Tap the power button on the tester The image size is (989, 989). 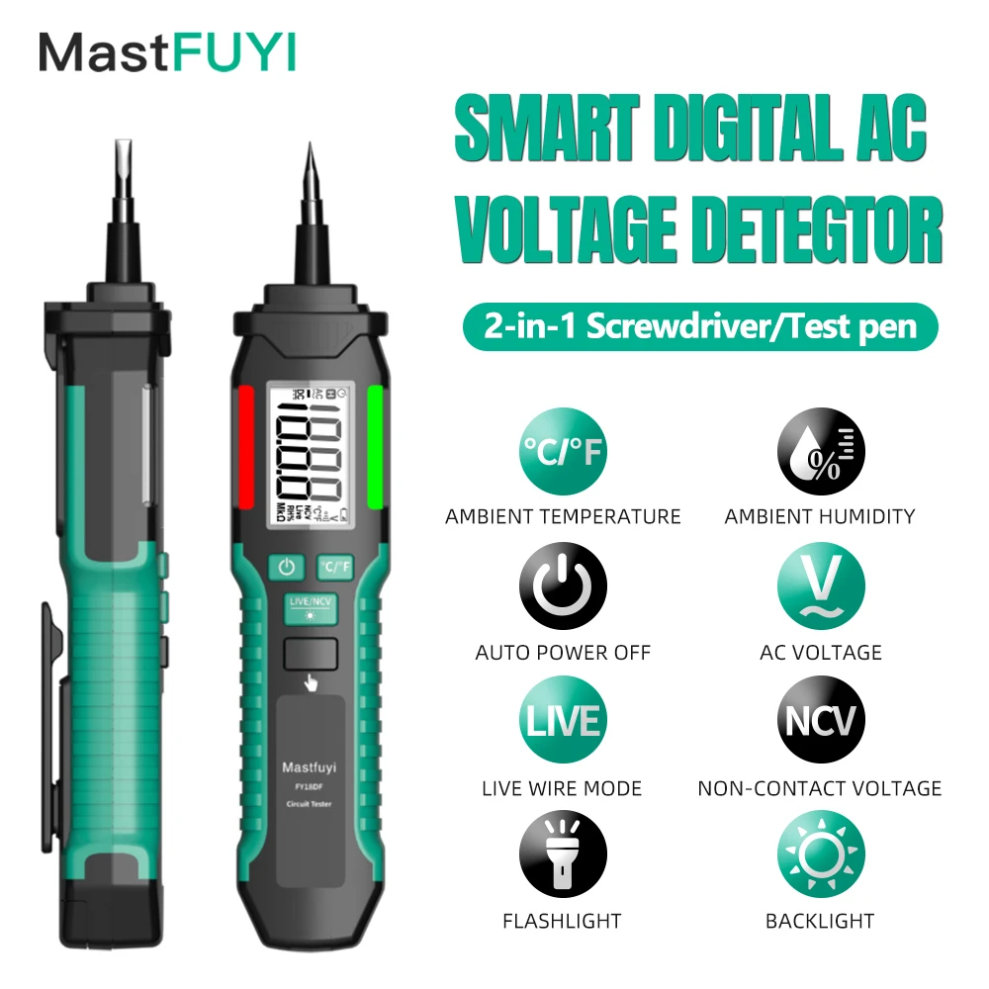tap(287, 567)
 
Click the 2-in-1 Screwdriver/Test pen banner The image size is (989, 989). tap(699, 326)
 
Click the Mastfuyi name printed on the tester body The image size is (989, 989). tap(311, 764)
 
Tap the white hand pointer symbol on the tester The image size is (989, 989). tap(312, 681)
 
